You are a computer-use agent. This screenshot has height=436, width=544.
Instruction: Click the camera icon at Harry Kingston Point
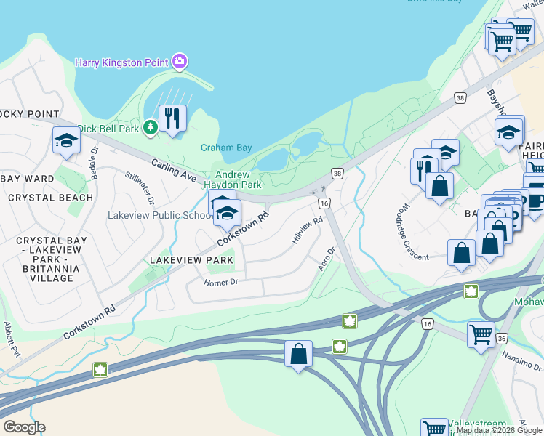click(180, 62)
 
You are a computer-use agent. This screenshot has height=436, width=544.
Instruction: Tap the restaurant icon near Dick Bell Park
click(172, 118)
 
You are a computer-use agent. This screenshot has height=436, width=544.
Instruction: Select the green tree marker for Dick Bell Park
click(151, 129)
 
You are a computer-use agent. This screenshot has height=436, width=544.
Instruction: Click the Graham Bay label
click(226, 148)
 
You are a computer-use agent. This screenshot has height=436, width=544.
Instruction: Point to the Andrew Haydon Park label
click(233, 179)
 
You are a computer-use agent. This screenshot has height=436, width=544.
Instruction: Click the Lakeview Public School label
click(159, 216)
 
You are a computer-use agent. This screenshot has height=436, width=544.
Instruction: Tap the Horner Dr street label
click(221, 282)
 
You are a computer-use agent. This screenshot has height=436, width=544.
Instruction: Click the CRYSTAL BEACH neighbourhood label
click(51, 198)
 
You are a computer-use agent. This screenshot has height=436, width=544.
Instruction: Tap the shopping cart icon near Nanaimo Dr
click(481, 335)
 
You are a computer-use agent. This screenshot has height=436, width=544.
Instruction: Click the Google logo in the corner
click(24, 427)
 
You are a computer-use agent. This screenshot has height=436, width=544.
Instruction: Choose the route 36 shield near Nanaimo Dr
click(502, 338)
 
